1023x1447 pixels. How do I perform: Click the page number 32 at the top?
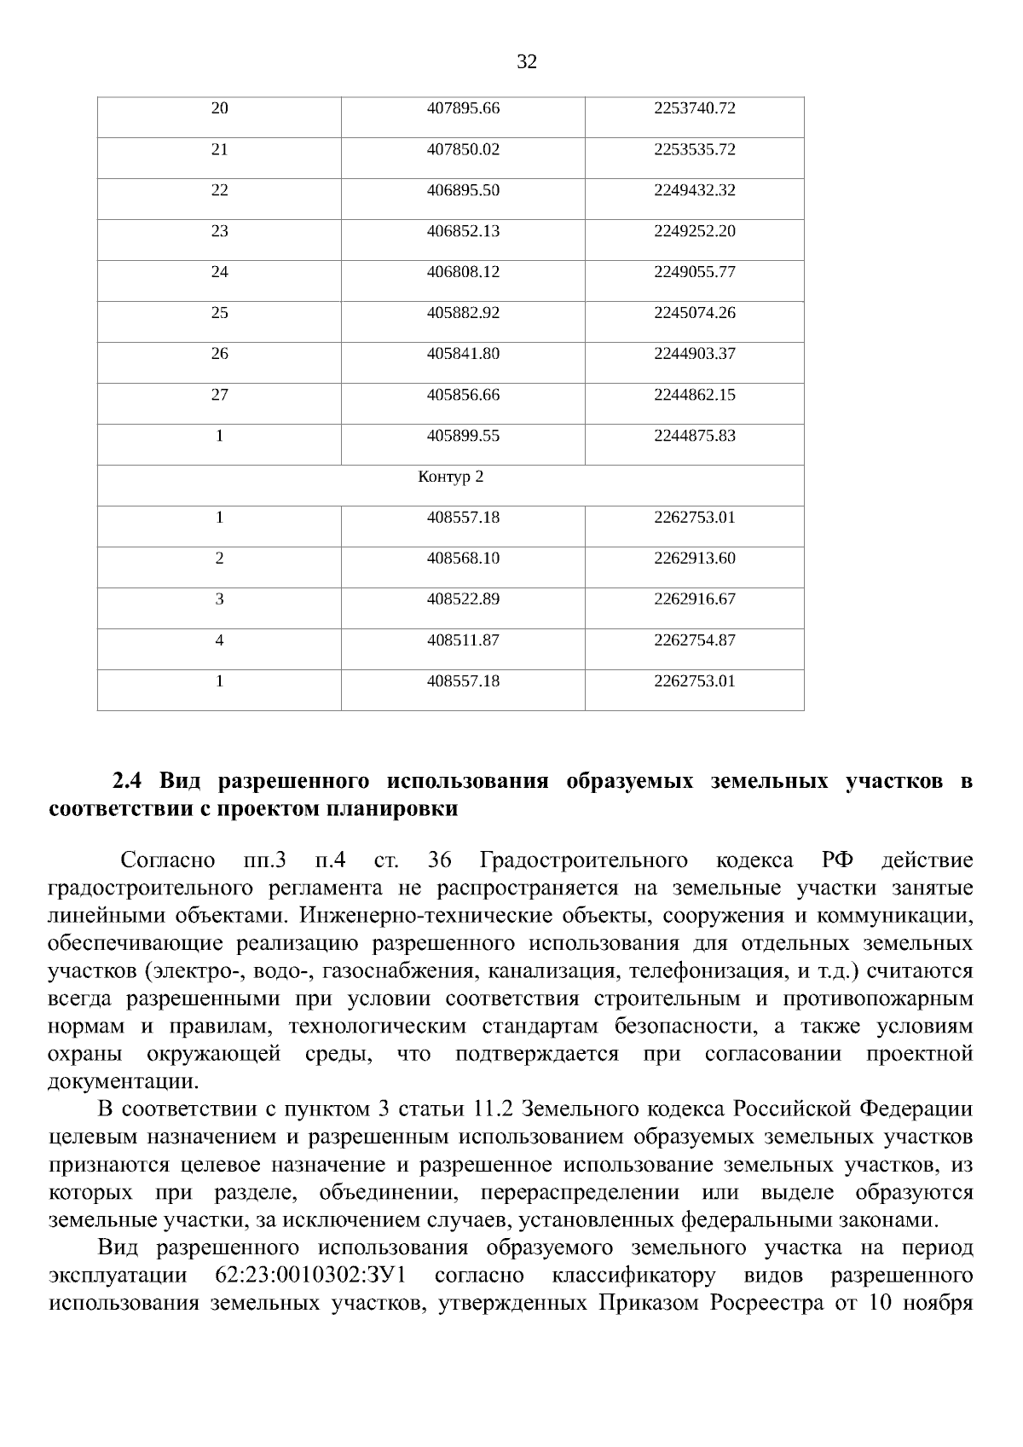527,61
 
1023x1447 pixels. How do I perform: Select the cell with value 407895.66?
463,108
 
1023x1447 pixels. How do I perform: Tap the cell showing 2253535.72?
694,149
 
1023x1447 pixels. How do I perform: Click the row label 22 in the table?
219,190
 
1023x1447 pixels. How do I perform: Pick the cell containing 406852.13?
463,231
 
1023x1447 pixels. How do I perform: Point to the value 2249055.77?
694,272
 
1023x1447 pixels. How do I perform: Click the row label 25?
219,313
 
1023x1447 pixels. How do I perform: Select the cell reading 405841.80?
463,354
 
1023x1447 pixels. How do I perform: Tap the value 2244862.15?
694,395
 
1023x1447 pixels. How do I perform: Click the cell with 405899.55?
463,436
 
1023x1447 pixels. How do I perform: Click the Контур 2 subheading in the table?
450,477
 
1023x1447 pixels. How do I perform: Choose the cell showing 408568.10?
463,559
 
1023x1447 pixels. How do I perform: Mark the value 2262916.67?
694,599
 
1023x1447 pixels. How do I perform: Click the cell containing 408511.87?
463,640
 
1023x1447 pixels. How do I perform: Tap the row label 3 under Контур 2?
219,599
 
